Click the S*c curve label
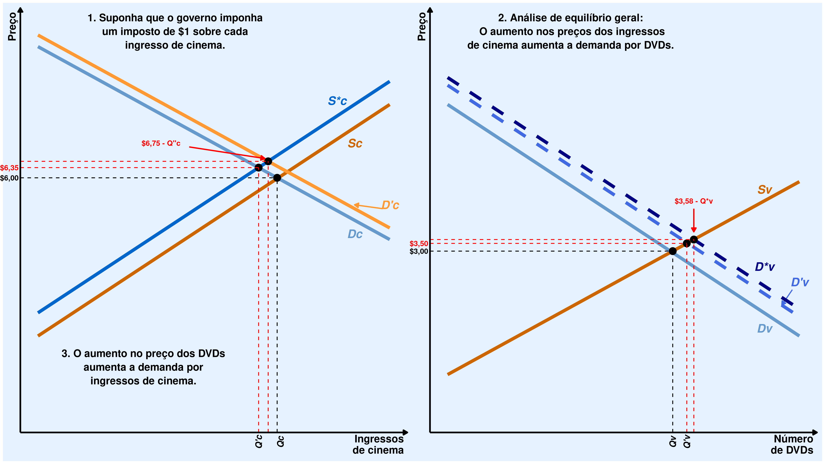click(337, 101)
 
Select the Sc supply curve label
click(355, 143)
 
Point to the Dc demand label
click(355, 234)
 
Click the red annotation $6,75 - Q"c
click(161, 143)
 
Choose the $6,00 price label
click(9, 178)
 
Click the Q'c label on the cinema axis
click(259, 441)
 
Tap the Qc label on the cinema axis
click(280, 441)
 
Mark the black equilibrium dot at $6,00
click(277, 178)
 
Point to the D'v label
click(800, 282)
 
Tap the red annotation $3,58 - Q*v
click(693, 201)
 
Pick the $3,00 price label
click(419, 251)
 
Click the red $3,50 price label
click(419, 244)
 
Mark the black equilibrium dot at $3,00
click(672, 251)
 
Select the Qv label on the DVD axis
click(673, 441)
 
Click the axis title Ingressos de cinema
click(378, 445)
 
